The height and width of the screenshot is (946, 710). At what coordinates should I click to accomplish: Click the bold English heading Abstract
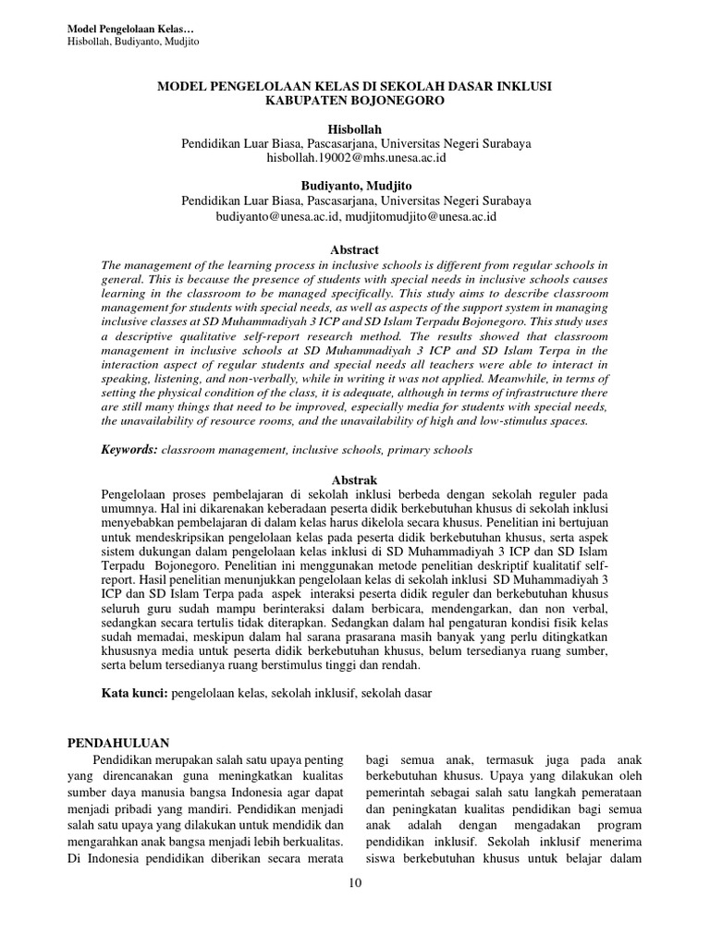pyautogui.click(x=355, y=249)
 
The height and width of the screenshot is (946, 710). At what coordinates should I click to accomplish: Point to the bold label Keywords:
pyautogui.click(x=129, y=450)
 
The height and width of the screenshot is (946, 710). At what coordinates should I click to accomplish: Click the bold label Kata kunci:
pyautogui.click(x=133, y=693)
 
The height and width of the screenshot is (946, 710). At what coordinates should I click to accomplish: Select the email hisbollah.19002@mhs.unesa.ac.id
pyautogui.click(x=355, y=158)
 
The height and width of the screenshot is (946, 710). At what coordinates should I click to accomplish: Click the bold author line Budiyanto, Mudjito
pyautogui.click(x=355, y=186)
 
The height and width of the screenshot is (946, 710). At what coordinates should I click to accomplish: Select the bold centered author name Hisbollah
pyautogui.click(x=355, y=129)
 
